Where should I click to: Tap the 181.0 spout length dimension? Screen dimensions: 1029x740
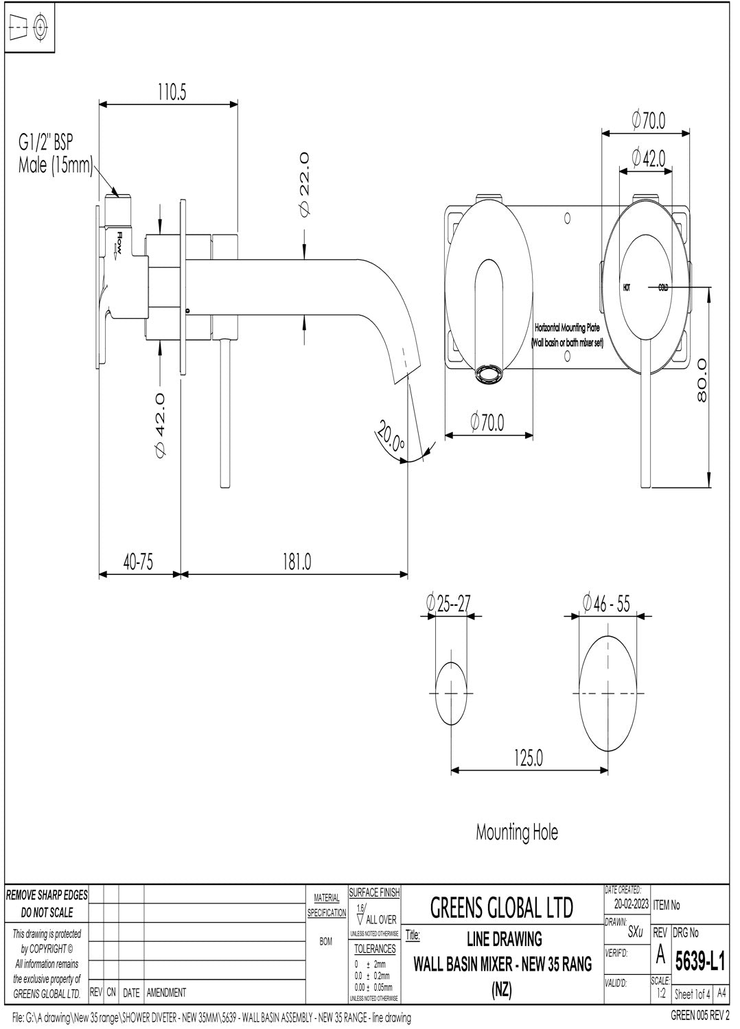tap(297, 562)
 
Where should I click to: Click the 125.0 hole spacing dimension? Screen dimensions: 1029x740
tap(528, 759)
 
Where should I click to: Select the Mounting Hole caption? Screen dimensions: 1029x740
tap(517, 833)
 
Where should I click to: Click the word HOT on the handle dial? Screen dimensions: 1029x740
tap(627, 287)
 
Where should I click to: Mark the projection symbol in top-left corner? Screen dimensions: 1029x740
tap(30, 28)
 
